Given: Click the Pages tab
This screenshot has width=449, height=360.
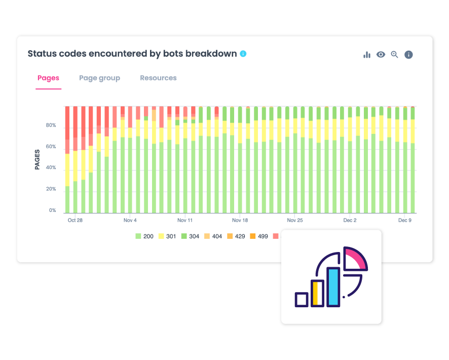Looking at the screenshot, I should tap(48, 78).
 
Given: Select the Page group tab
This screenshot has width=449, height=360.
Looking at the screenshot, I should tap(99, 78).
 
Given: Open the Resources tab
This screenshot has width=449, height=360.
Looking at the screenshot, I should tap(158, 78).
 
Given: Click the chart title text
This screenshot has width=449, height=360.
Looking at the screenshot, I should tap(132, 54).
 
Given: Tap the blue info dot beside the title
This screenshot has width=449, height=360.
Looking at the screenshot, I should tap(243, 53).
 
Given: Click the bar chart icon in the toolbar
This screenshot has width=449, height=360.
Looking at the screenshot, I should tap(367, 55).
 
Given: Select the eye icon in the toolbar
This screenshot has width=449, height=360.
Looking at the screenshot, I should tap(381, 55).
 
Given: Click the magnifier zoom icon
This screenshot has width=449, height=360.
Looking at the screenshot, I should tap(394, 55).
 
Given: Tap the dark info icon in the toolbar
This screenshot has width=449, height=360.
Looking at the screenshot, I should tap(408, 55).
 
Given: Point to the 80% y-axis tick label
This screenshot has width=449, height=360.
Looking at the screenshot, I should tap(51, 125).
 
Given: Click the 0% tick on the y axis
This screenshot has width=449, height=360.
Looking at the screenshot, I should tap(53, 210).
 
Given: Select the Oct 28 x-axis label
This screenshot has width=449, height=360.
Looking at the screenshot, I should tap(75, 221).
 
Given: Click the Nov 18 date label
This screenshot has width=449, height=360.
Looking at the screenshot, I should tap(240, 221).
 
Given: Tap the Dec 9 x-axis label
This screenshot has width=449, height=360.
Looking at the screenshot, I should tap(404, 221).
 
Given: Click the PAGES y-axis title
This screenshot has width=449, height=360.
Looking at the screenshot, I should tap(38, 159).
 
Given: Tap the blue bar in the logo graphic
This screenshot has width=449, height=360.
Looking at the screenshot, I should tap(333, 287).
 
